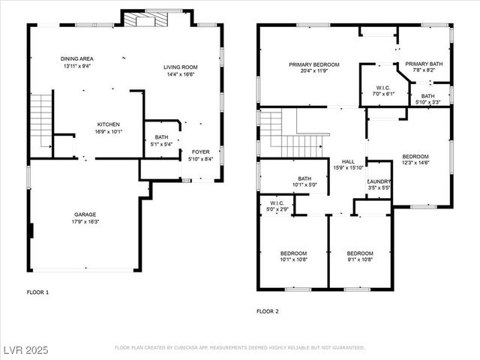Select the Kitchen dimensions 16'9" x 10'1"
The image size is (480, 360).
(x=108, y=131)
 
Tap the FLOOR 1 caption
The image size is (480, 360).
(x=37, y=292)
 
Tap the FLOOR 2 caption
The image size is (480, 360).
(x=268, y=310)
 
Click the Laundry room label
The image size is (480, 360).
(x=378, y=184)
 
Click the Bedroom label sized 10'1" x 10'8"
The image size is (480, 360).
(x=293, y=256)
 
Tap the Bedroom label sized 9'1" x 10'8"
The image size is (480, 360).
(x=360, y=256)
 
